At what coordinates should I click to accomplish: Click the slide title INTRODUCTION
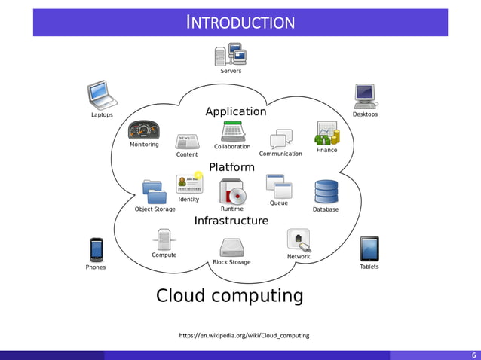coord(240,23)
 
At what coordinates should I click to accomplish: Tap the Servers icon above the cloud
coord(231,54)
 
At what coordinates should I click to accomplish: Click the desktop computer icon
coord(365,96)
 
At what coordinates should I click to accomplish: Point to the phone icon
coord(96,249)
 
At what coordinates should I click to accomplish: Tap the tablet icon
coord(369,249)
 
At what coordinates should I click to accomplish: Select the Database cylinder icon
coord(326,191)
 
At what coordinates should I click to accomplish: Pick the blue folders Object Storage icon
coord(155,192)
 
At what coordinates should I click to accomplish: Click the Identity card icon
coord(188,184)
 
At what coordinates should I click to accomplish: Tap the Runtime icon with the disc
coord(232,192)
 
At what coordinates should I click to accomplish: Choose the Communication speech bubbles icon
coord(280,139)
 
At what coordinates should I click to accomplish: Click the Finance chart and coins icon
coord(327,133)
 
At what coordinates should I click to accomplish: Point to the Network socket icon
coord(298,240)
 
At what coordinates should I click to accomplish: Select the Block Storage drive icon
coord(231,248)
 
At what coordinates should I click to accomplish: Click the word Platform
coord(231,166)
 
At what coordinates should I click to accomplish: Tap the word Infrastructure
coord(231,221)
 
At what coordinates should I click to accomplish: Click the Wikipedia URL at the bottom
coord(244,335)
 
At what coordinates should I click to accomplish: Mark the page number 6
coord(473,355)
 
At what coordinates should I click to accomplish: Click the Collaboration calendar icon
coord(232,131)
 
